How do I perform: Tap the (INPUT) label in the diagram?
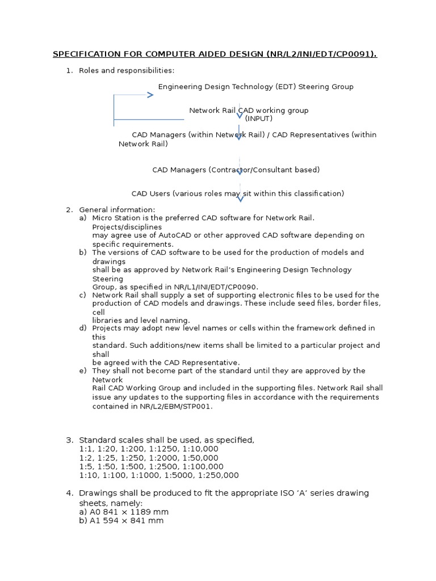tap(259, 118)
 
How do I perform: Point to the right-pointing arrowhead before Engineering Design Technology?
tap(150, 95)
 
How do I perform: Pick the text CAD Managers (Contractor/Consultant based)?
tap(236, 170)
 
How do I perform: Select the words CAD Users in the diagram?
tap(151, 193)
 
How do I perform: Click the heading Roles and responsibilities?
tap(127, 70)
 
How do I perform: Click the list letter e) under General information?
tap(83, 371)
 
